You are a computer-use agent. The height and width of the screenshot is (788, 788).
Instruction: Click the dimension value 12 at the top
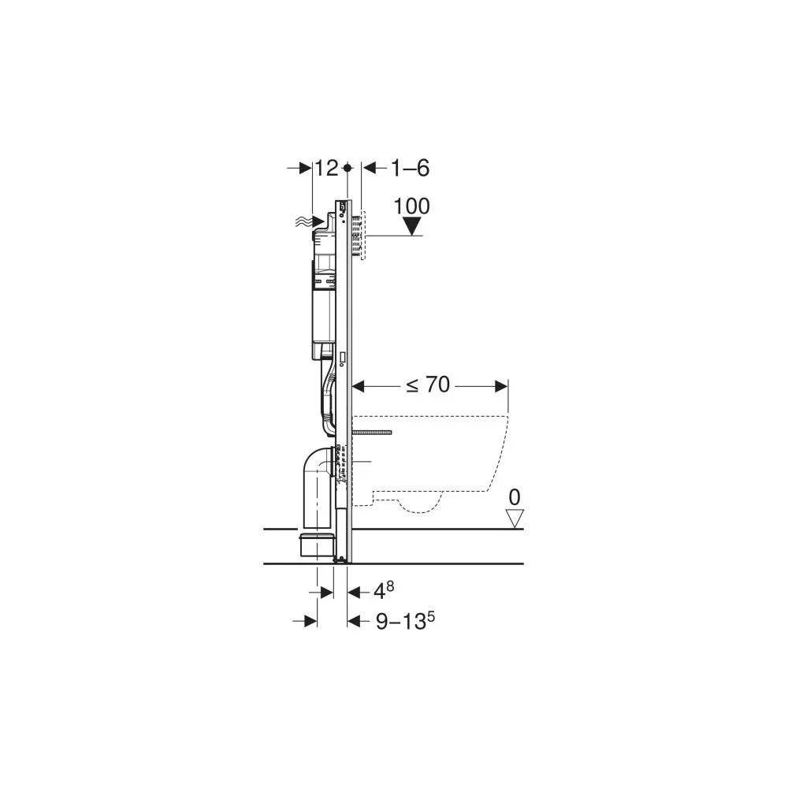[326, 168]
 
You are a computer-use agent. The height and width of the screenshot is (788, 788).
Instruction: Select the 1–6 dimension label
[410, 168]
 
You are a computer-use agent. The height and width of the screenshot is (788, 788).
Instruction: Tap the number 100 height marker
[412, 206]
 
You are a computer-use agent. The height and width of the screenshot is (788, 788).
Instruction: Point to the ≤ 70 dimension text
[428, 385]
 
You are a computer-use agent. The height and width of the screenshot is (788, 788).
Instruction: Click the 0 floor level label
[515, 497]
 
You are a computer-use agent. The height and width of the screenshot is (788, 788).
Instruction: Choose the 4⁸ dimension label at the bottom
[383, 589]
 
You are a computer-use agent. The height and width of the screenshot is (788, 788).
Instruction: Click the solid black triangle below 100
[412, 226]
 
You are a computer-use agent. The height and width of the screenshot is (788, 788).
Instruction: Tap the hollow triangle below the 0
[515, 519]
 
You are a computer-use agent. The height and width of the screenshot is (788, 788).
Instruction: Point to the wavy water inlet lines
[304, 223]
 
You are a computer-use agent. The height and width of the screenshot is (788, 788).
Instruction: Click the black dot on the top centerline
[348, 168]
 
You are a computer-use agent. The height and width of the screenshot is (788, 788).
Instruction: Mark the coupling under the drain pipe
[318, 545]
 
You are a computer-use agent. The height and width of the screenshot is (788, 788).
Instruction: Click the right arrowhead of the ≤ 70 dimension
[501, 385]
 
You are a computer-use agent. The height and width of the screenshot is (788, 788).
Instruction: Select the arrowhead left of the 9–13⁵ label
[354, 621]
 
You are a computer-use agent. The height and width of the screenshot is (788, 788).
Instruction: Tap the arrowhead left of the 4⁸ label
[354, 590]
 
